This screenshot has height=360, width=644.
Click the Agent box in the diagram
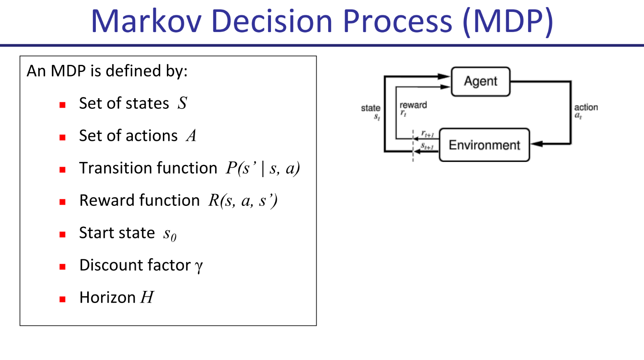[x=480, y=81]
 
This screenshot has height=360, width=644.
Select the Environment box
[x=484, y=145]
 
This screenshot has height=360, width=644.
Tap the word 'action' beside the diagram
[x=586, y=107]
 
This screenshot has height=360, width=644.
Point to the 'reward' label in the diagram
[x=413, y=105]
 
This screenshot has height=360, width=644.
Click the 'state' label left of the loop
[x=370, y=108]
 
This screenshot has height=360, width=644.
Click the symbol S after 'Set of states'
[x=182, y=103]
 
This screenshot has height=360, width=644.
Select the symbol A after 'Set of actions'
[x=191, y=136]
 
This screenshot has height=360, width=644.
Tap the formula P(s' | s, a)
[x=262, y=168]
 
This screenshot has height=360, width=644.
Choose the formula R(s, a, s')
[x=243, y=201]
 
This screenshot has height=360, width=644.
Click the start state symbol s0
[x=169, y=234]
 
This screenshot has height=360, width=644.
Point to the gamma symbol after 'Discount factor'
[x=199, y=266]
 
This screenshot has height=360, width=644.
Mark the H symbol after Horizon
[x=147, y=297]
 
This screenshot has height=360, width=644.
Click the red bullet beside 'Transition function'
[x=63, y=169]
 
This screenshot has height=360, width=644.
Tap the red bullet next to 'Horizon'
[x=63, y=299]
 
